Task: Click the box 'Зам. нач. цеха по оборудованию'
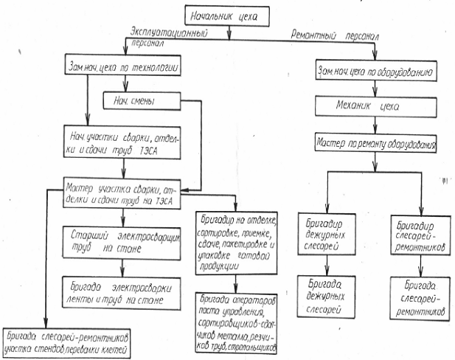378,73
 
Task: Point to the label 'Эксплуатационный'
168,34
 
